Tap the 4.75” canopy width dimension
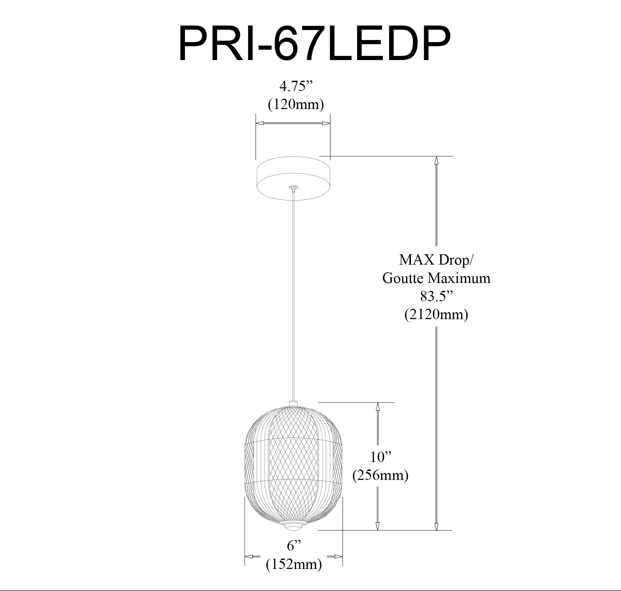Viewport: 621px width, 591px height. coord(293,87)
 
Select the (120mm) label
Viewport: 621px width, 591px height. coord(296,104)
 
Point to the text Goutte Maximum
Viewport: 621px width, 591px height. coord(436,278)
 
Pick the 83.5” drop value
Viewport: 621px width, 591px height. coord(436,296)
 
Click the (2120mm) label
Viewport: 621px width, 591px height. coord(436,314)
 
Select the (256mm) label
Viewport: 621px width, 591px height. coord(380,475)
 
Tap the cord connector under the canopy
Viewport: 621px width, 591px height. coord(293,188)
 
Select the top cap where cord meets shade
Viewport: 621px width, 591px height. coord(293,403)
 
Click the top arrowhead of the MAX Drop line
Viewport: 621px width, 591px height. coord(436,161)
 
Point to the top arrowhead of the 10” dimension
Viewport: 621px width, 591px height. coord(377,407)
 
